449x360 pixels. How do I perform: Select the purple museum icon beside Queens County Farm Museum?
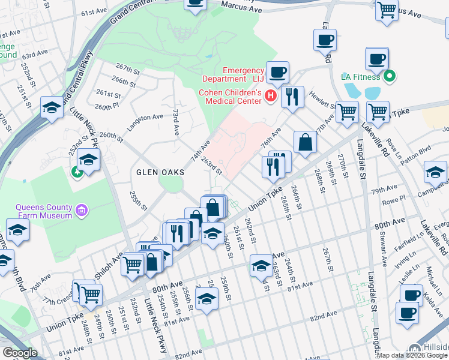pyautogui.click(x=82, y=211)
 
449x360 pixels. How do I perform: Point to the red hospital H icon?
pyautogui.click(x=271, y=95)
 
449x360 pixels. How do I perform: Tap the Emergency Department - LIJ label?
pyautogui.click(x=234, y=76)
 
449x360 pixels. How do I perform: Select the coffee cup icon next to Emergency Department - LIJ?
pyautogui.click(x=277, y=73)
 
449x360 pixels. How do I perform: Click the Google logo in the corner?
pyautogui.click(x=20, y=353)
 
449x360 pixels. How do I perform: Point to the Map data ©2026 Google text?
pyautogui.click(x=410, y=355)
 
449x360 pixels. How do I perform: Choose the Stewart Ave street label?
pyautogui.click(x=380, y=248)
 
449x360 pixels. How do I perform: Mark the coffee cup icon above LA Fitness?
pyautogui.click(x=376, y=59)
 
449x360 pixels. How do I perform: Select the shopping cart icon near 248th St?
pyautogui.click(x=91, y=294)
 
